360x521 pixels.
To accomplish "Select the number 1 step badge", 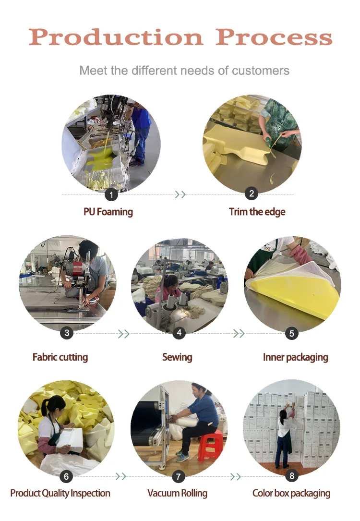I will tap(111, 194).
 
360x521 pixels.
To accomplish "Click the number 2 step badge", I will tap(252, 194).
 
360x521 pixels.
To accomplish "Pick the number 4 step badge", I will tap(179, 333).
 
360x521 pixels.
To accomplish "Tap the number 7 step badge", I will tap(178, 477).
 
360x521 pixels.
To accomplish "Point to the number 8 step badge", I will tap(291, 476).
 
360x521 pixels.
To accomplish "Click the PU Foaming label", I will tap(108, 212).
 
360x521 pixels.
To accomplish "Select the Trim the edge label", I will tap(257, 212).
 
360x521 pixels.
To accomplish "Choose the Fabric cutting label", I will tap(60, 357).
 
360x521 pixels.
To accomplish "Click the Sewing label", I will tap(177, 357).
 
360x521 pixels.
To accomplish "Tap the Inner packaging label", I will tap(295, 357).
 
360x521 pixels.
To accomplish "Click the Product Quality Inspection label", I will tap(60, 493).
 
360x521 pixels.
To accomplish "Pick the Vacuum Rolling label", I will tap(177, 493).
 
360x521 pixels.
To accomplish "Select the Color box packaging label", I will tap(291, 493).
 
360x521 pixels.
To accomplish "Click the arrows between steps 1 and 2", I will tap(180, 194).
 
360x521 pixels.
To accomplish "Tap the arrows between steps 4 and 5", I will tap(239, 333).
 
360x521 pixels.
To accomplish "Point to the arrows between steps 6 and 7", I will tap(121, 476).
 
